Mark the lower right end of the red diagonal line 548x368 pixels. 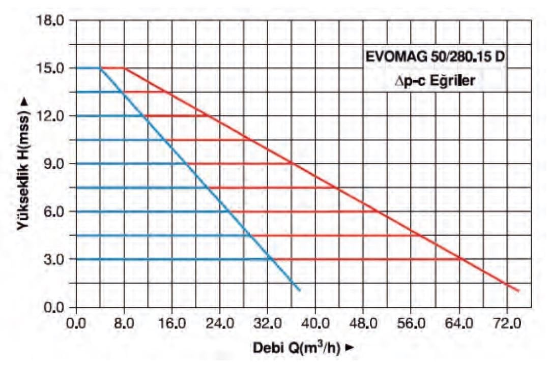[x=518, y=291]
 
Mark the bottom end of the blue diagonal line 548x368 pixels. [x=300, y=291]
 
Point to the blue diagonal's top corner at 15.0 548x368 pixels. [x=100, y=68]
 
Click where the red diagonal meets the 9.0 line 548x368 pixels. [x=293, y=164]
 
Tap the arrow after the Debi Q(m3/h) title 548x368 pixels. [x=349, y=349]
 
